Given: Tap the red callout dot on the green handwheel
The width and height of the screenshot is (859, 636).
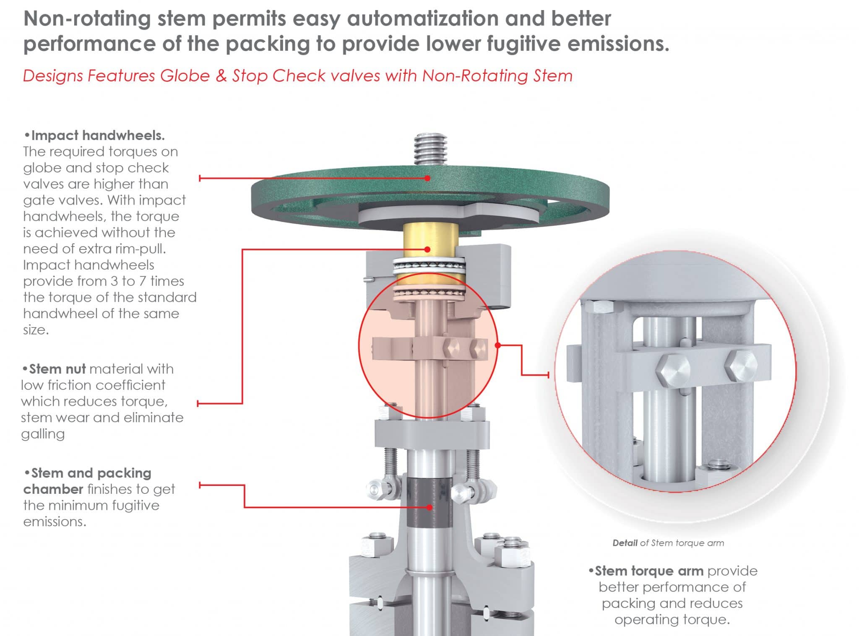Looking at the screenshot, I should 427,178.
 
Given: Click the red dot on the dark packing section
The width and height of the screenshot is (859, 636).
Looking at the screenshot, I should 429,507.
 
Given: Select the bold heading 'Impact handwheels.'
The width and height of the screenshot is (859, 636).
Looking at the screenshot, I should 98,135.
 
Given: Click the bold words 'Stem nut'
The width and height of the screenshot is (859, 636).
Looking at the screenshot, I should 57,369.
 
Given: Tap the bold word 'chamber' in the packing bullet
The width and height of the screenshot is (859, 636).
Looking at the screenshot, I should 53,489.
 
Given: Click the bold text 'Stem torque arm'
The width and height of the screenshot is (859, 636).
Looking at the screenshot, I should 649,571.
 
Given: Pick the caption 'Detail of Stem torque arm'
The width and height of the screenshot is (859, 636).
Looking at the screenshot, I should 668,543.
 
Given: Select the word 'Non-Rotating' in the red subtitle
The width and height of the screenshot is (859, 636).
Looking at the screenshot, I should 476,76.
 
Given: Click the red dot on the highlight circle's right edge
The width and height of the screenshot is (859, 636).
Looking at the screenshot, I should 498,345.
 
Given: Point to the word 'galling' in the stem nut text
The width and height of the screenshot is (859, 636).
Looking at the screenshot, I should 43,434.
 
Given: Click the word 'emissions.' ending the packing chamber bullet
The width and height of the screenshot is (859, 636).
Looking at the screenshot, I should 55,522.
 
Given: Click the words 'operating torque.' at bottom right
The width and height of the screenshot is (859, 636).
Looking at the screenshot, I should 672,620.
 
